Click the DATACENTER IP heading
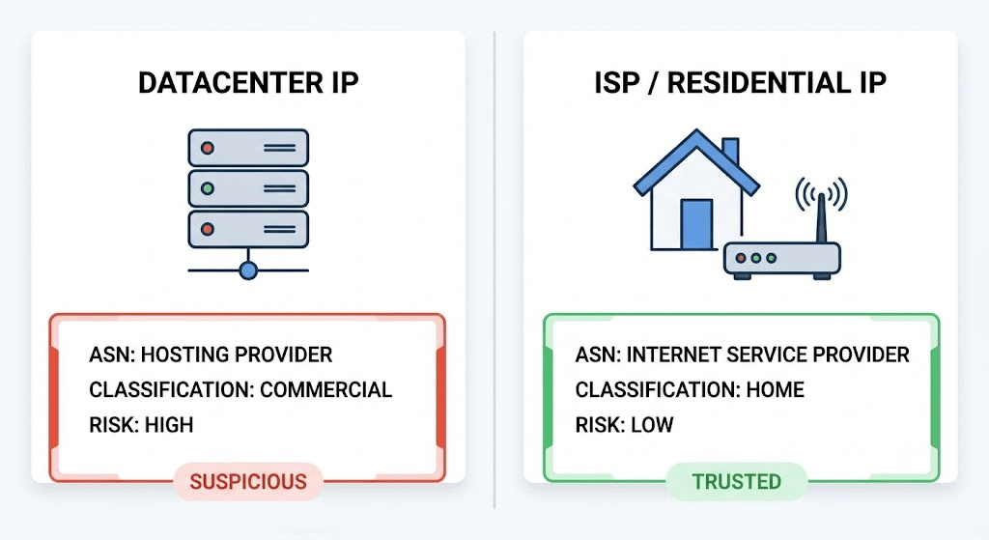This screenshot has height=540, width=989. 248,83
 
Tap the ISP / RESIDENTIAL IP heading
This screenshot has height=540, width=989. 741,83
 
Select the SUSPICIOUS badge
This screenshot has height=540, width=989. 248,481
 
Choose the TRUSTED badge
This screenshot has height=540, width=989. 737,481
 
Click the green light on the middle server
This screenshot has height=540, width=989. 207,188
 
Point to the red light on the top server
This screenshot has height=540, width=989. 207,148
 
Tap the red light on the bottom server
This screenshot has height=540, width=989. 207,229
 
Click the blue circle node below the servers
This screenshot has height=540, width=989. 248,271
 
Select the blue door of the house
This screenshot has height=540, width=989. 696,224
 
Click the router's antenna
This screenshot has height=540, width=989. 821,217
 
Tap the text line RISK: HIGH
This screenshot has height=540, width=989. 141,424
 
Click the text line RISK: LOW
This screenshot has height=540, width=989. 625,424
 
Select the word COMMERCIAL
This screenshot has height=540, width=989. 326,390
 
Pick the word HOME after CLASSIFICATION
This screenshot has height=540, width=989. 776,390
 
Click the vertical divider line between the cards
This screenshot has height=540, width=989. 494,270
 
